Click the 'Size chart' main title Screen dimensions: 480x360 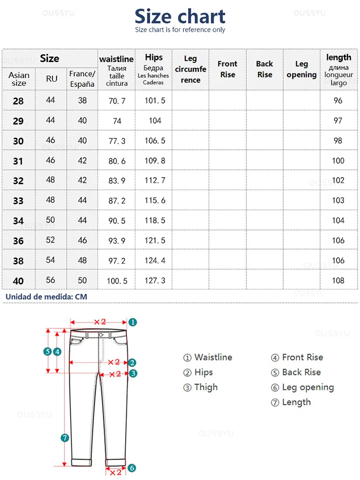(180, 17)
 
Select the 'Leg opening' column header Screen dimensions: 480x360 (301, 69)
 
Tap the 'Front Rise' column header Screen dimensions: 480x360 (227, 69)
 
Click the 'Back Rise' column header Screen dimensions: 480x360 (264, 69)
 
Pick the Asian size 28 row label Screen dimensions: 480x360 (18, 101)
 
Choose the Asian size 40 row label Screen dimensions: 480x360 (18, 281)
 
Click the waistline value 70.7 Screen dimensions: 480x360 (117, 101)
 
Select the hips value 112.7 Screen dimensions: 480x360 (155, 180)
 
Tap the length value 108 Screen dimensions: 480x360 (338, 280)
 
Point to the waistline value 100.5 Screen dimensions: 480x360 (117, 281)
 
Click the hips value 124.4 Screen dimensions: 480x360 (155, 261)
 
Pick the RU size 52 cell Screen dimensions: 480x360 (50, 240)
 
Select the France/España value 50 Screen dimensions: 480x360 (83, 280)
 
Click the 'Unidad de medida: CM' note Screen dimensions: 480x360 (47, 297)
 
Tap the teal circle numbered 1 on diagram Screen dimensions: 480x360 (133, 323)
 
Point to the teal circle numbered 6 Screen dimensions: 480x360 (132, 468)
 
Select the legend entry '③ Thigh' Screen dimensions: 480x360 (200, 387)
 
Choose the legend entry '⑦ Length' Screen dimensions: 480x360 (291, 402)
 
